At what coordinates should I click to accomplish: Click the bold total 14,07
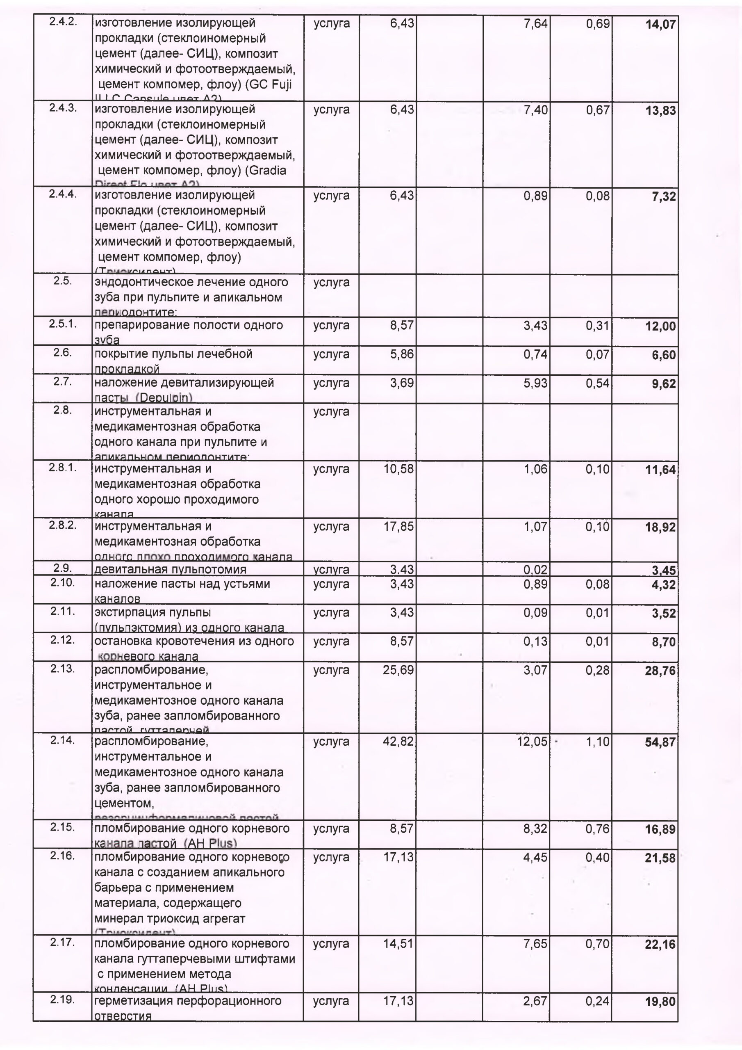pos(660,25)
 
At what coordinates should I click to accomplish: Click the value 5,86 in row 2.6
pos(401,354)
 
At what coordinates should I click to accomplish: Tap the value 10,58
pos(398,469)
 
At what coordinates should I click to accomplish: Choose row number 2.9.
pos(63,568)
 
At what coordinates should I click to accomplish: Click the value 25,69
pos(398,670)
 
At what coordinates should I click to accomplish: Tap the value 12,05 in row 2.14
pos(532,741)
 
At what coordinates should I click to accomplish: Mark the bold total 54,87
pos(660,742)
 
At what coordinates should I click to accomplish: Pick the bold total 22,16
pos(660,944)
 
